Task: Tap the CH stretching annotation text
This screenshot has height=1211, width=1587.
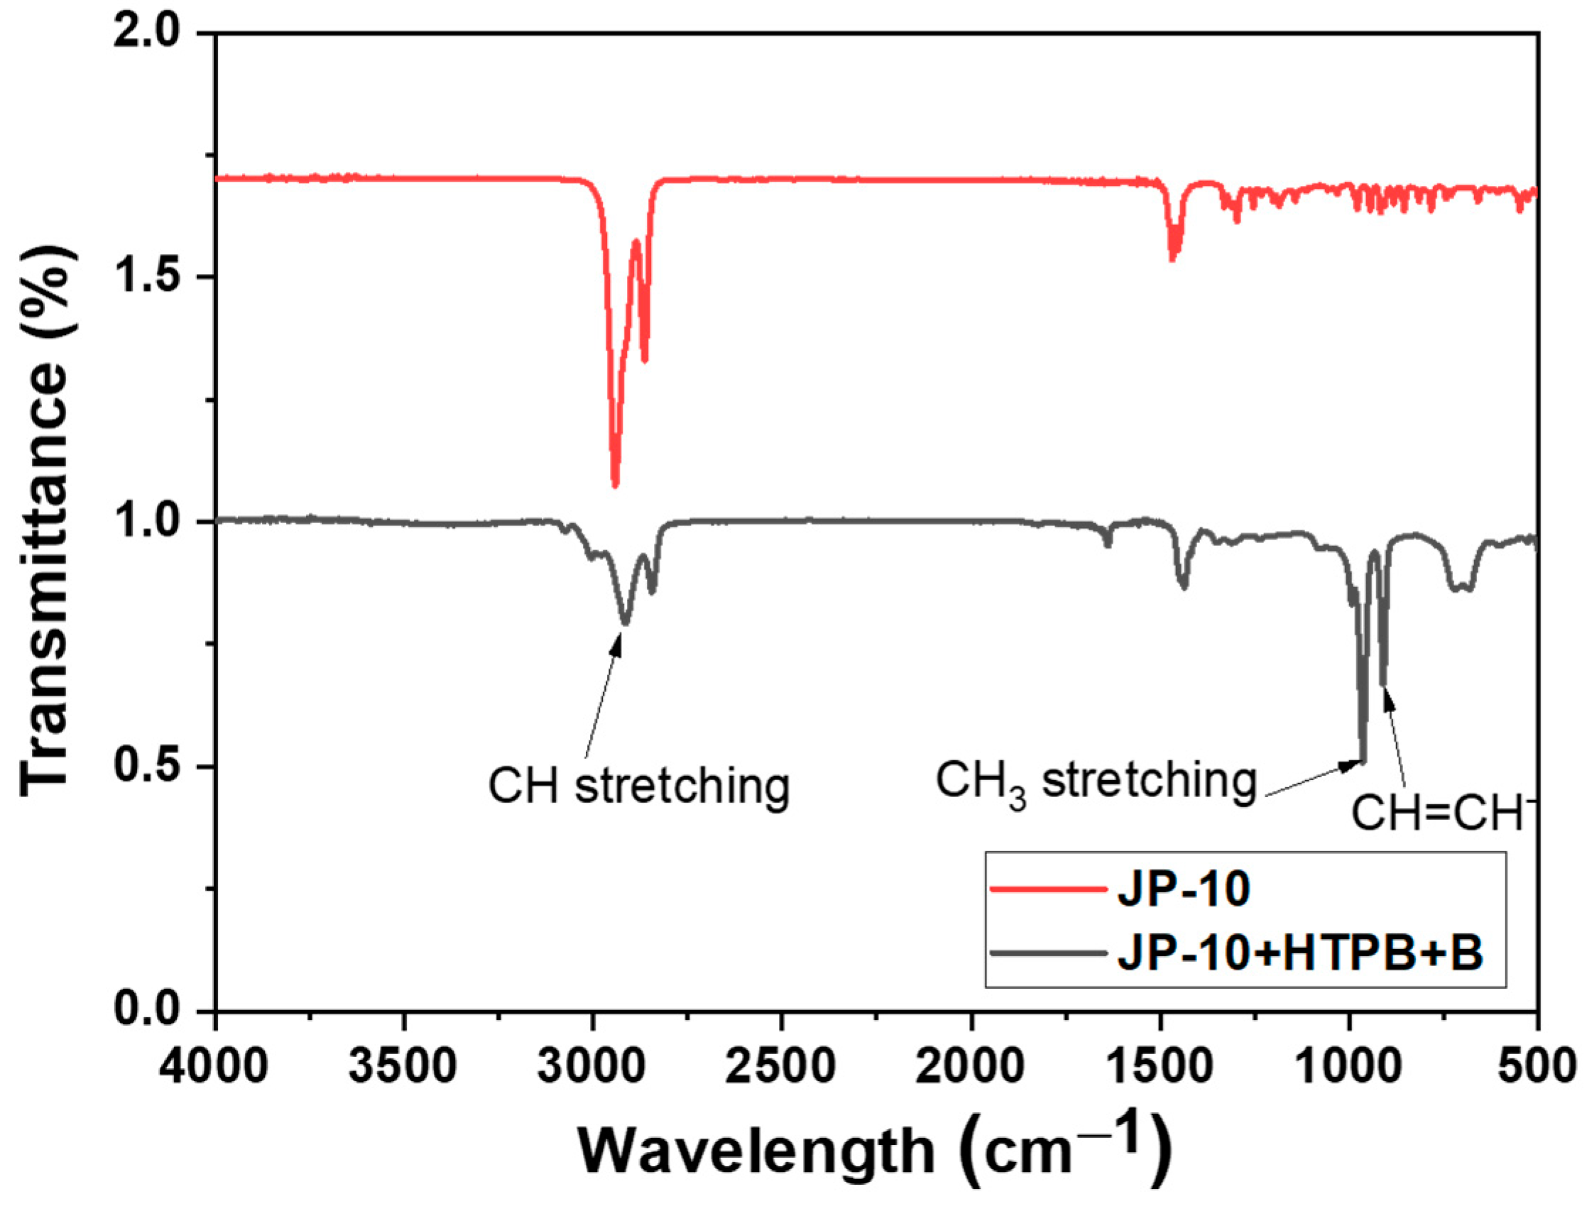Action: click(639, 785)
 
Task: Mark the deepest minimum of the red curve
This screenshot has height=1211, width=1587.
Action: click(614, 484)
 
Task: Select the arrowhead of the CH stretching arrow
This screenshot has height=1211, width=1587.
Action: click(618, 637)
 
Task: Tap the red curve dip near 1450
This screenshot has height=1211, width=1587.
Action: click(1173, 258)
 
